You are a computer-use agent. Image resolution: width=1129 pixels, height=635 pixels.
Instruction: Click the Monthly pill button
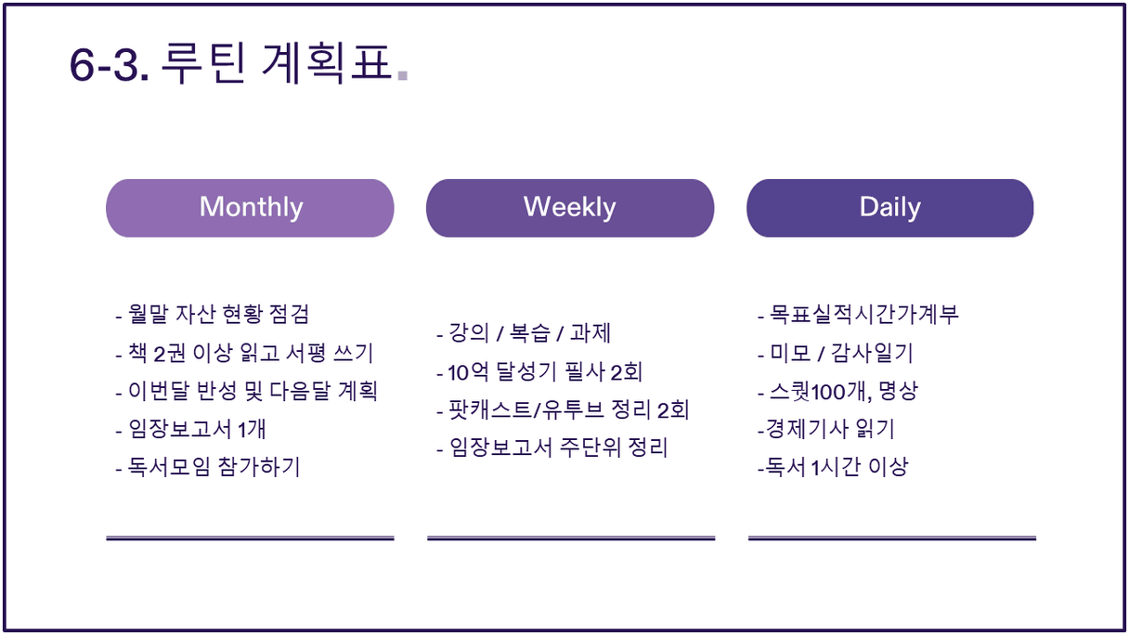point(250,208)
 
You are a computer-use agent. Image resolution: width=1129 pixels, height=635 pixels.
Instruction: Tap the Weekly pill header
point(570,208)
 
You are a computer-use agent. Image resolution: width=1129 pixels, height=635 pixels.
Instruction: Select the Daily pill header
point(890,208)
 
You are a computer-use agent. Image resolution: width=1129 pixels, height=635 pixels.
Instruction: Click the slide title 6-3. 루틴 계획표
point(232,63)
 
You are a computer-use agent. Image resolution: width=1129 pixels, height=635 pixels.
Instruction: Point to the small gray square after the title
point(402,75)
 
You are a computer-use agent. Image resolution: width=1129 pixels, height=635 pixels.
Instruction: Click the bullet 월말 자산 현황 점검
point(213,315)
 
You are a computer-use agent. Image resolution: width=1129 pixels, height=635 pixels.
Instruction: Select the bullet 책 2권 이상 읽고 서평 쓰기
point(244,353)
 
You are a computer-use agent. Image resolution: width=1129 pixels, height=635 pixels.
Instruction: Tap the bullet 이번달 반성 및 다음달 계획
point(246,391)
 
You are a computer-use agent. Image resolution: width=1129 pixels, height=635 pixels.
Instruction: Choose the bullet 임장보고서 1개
point(190,430)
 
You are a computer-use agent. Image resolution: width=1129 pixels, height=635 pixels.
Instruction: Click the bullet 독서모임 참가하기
point(208,467)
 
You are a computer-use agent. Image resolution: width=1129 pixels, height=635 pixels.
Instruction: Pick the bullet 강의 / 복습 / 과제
point(524,333)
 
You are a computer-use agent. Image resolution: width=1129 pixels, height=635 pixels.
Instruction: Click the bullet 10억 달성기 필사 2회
point(539,372)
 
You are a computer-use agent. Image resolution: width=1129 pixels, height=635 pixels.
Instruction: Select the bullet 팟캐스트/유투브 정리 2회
point(563,409)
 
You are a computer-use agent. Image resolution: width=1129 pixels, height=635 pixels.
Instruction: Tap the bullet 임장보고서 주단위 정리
point(552,447)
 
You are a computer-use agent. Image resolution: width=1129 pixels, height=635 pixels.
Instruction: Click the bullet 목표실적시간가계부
point(858,315)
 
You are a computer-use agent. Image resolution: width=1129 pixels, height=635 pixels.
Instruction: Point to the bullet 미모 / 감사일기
point(836,353)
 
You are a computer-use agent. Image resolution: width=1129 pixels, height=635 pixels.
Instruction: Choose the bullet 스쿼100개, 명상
point(837,391)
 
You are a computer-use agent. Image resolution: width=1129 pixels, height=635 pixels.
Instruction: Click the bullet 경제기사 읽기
point(825,430)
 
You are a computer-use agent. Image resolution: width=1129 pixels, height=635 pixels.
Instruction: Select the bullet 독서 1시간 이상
point(833,467)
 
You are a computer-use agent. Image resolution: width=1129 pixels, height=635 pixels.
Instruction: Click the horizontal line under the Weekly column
point(571,538)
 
